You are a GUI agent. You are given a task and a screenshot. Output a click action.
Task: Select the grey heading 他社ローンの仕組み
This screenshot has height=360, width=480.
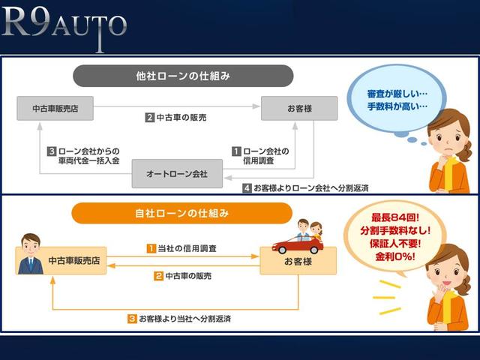tap(183, 76)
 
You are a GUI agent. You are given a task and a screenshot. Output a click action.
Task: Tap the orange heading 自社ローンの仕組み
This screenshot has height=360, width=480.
tap(183, 213)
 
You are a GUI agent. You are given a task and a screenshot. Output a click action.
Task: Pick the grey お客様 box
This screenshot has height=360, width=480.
tap(298, 107)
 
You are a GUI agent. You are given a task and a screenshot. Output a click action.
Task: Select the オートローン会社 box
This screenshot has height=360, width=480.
tap(177, 174)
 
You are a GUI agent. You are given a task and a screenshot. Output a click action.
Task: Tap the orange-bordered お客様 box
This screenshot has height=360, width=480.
tap(298, 260)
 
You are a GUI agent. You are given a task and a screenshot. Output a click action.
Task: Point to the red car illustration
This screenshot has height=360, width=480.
tap(298, 241)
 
